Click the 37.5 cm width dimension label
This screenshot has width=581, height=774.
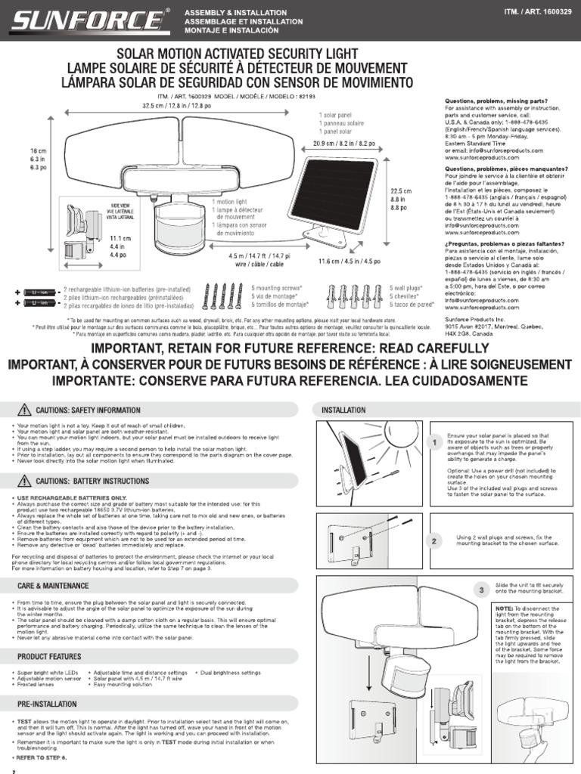click(176, 106)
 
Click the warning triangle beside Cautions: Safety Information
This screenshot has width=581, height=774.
click(23, 410)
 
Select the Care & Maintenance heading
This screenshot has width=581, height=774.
click(52, 585)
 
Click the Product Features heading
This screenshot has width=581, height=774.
click(50, 656)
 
